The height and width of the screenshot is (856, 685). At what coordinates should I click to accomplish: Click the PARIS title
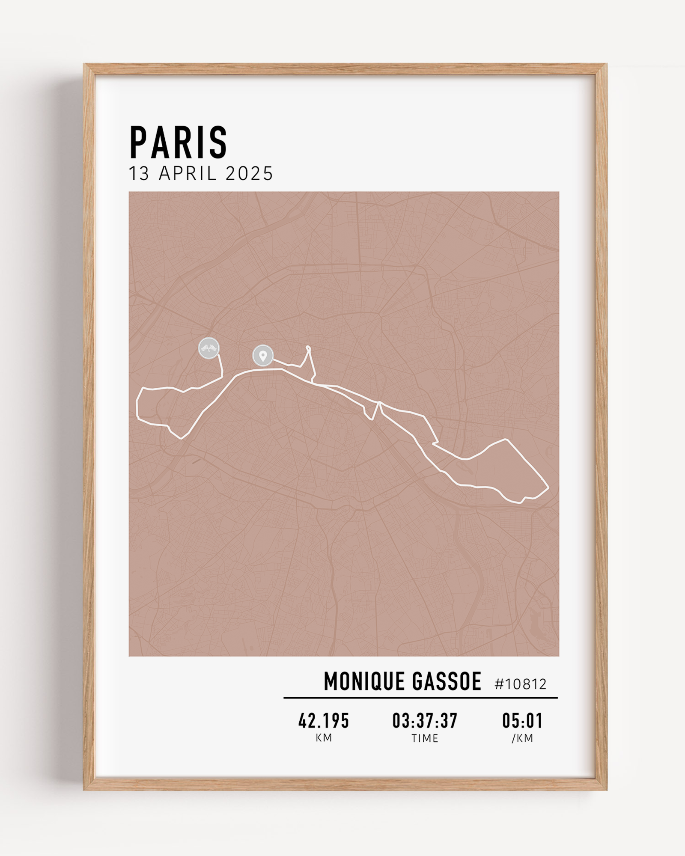click(178, 143)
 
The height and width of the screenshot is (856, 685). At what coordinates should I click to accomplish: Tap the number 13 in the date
click(139, 174)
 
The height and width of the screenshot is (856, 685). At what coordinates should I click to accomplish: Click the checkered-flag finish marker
click(209, 348)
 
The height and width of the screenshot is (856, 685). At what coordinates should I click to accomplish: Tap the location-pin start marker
click(263, 356)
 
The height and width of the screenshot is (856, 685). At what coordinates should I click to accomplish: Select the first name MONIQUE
click(364, 682)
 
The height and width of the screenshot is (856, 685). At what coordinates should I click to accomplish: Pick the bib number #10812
click(521, 684)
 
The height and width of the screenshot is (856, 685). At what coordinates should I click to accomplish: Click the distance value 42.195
click(324, 721)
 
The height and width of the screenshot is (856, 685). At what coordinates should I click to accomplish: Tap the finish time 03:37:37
click(425, 721)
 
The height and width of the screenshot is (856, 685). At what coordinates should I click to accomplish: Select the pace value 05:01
click(522, 721)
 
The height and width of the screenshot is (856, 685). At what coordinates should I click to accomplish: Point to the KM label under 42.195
click(324, 738)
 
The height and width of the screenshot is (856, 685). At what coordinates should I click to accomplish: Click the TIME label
click(425, 738)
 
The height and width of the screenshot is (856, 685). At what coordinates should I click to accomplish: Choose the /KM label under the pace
click(522, 738)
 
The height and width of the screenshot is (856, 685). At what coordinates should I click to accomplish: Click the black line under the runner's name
click(420, 698)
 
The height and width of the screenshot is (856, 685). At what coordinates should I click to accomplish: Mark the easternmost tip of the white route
click(548, 487)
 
